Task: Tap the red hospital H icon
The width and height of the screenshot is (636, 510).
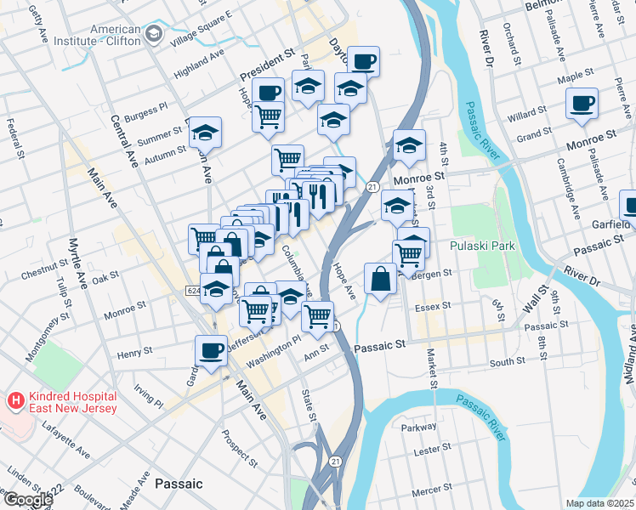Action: coord(15,399)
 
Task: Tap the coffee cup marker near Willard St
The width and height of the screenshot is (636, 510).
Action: coord(583,104)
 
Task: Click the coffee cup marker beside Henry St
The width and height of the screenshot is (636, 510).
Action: coord(211,350)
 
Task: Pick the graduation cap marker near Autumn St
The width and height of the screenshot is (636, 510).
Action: coord(205,132)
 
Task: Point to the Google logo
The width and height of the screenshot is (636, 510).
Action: coord(28,500)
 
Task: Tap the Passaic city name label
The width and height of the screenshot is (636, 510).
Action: coord(179,484)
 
